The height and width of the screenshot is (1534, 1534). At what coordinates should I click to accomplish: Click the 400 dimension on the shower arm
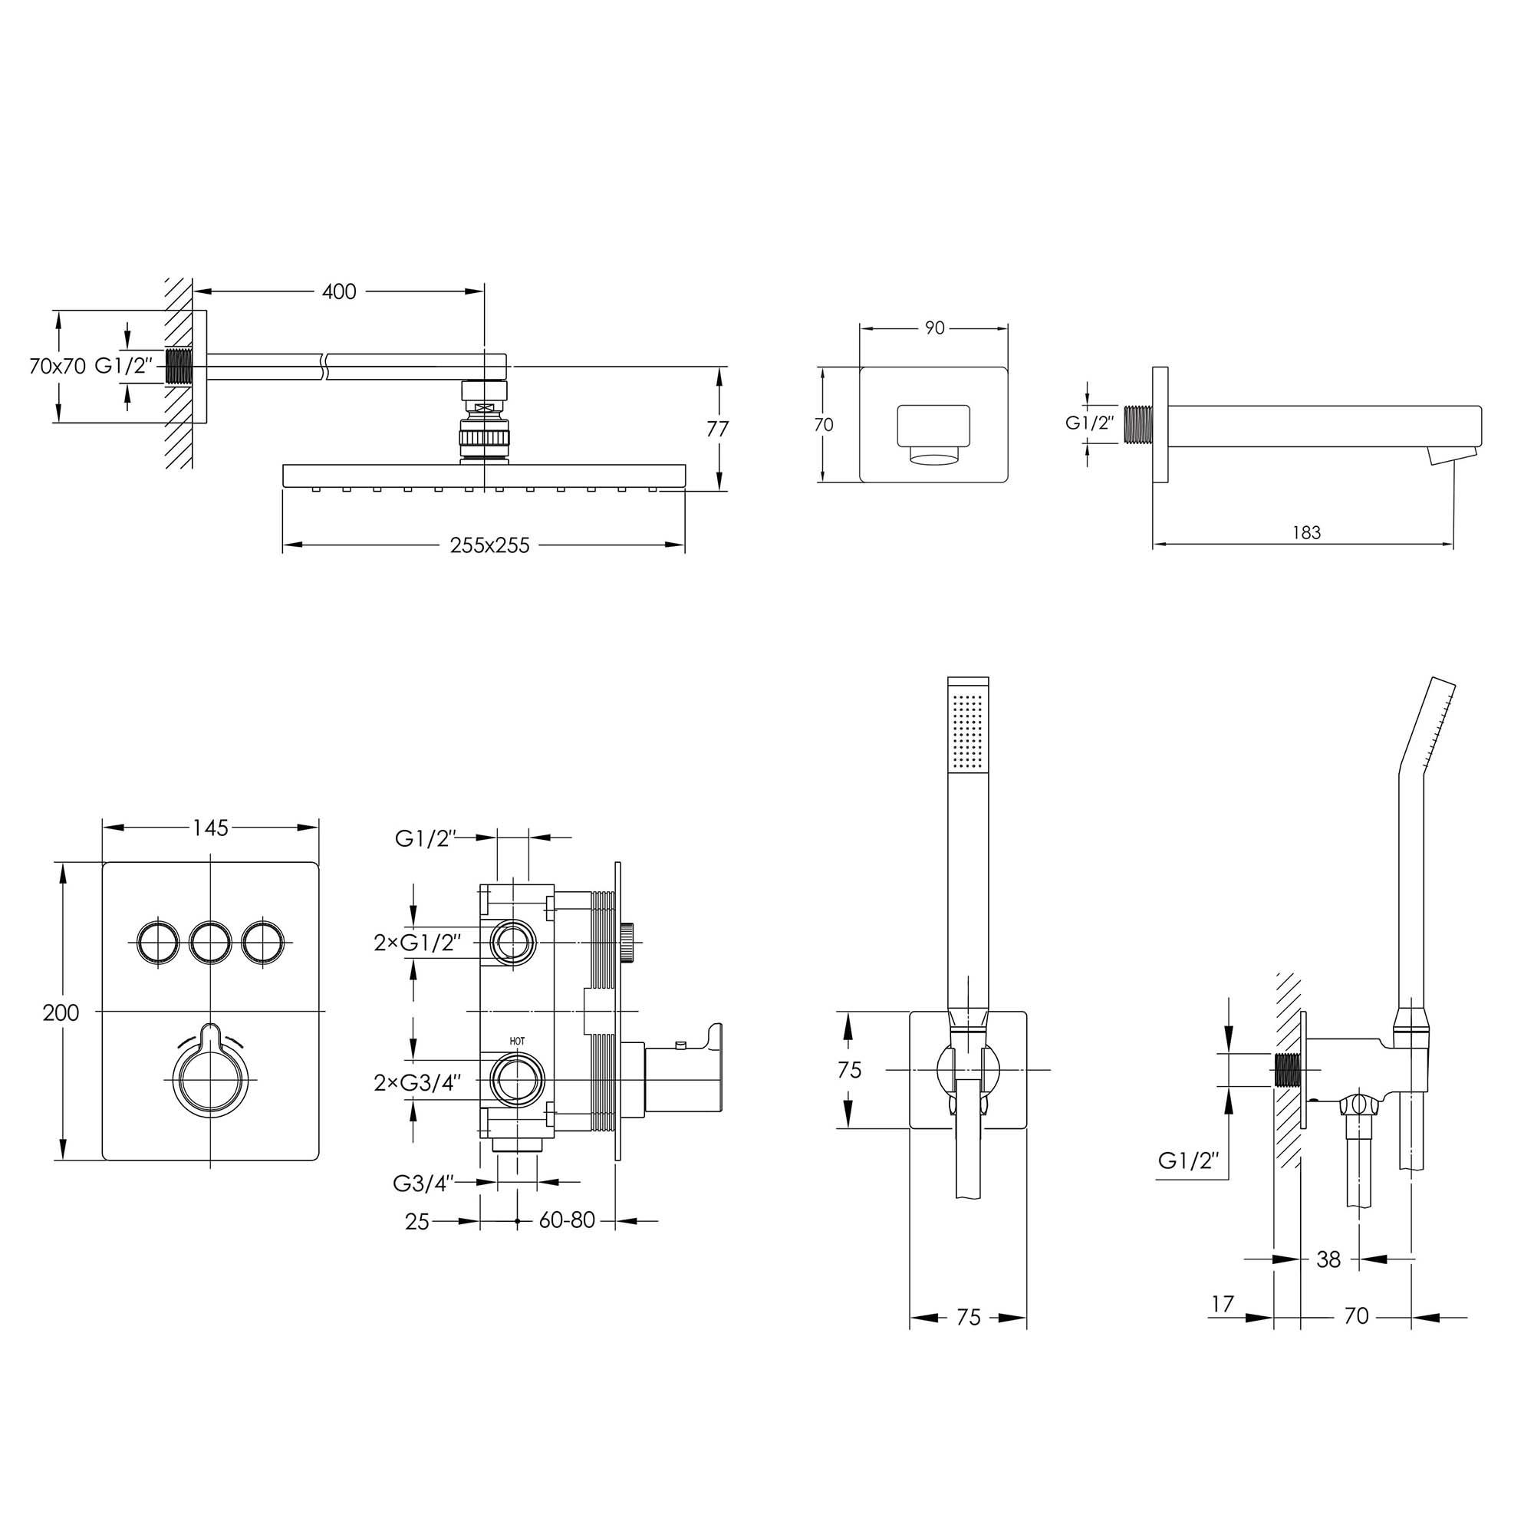click(339, 291)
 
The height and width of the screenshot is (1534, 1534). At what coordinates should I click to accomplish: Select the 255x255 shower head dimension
click(489, 545)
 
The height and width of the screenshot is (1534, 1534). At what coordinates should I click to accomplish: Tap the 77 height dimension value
click(718, 429)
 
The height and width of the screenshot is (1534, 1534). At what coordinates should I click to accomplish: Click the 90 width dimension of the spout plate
click(934, 328)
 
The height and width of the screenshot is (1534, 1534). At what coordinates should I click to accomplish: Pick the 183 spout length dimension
click(1306, 533)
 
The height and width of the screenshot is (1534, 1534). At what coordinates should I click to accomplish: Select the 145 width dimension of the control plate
click(210, 828)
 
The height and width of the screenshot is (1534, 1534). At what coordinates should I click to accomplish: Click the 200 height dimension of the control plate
click(61, 1012)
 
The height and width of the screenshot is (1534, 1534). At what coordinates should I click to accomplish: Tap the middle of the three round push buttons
click(210, 942)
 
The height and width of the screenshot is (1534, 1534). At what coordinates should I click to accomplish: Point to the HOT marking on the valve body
click(518, 1041)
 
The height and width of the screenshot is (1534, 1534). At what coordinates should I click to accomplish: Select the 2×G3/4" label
click(416, 1083)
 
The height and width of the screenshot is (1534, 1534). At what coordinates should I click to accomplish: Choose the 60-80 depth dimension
click(567, 1220)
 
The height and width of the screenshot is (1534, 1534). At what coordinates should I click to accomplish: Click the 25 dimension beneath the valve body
click(416, 1222)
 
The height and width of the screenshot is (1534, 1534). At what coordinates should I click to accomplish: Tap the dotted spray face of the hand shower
click(968, 730)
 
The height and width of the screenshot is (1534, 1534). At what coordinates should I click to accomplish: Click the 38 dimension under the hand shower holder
click(1328, 1282)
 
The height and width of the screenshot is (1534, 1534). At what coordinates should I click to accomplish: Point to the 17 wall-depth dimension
click(1223, 1304)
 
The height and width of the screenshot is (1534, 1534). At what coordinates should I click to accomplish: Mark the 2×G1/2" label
click(416, 943)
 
